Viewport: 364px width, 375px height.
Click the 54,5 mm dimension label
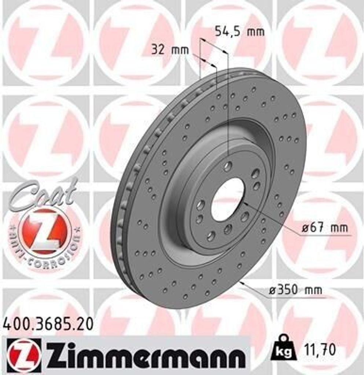pyautogui.click(x=239, y=32)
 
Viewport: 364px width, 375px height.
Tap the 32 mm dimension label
pyautogui.click(x=170, y=50)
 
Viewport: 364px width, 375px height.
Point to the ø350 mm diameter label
pyautogui.click(x=295, y=290)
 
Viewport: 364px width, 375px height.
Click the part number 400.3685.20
pyautogui.click(x=48, y=324)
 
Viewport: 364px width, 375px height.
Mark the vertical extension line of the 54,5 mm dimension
pyautogui.click(x=228, y=110)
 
